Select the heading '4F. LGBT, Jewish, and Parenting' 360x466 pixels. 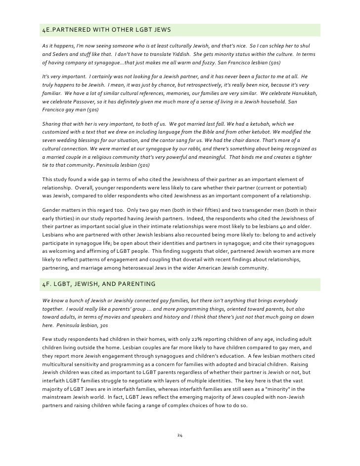(x=99, y=284)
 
